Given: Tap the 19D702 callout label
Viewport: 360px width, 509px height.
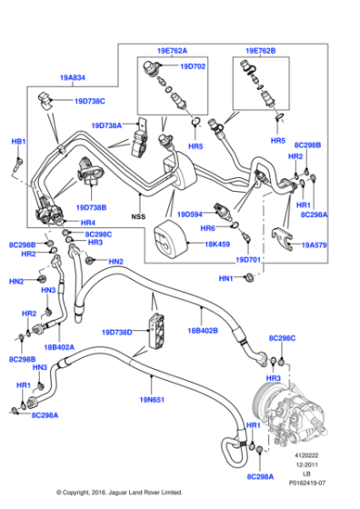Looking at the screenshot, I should click(x=192, y=67).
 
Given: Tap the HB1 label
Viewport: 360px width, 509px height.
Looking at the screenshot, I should click(x=17, y=142).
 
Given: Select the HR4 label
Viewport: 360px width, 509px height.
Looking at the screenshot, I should click(x=88, y=223).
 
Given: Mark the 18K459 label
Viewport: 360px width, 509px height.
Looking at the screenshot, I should click(x=215, y=244).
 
